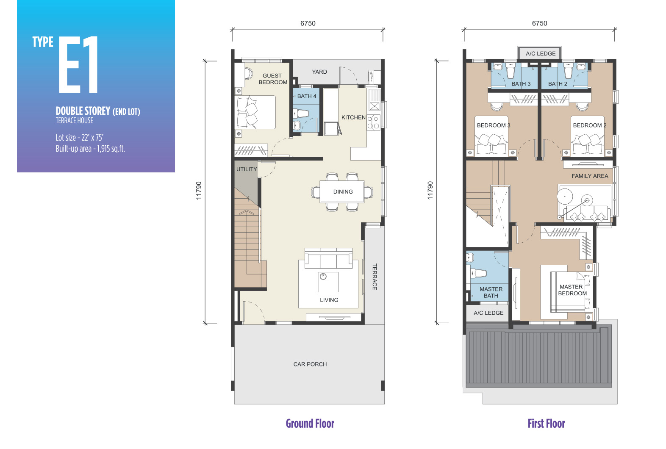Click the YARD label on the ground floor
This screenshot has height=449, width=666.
pos(319,72)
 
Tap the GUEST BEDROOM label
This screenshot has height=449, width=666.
pos(273,79)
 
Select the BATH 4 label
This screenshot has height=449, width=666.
pos(307,96)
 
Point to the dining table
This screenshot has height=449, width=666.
pos(342,192)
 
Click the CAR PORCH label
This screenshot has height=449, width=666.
pos(310,364)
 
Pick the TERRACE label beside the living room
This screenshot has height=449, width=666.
pos(375,277)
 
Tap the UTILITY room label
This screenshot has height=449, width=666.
pos(247,169)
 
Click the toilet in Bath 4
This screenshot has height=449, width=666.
pos(301,113)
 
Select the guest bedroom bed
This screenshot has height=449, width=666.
pos(256,112)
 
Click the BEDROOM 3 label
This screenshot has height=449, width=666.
pos(493,125)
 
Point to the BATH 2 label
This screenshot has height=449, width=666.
pos(558,84)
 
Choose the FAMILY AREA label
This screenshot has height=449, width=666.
pos(590,176)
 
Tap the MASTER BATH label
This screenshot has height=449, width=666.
pos(491,292)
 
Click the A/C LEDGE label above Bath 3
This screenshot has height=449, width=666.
pos(540,53)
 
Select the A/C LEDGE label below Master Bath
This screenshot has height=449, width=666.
pos(488,313)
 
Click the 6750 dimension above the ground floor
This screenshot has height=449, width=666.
pos(308,23)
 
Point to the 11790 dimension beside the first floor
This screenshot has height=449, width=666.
pos(430,190)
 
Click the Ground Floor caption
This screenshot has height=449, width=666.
pos(310,424)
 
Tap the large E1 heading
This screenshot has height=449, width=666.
pos(78,64)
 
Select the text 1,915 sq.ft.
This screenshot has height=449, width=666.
pos(111,148)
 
